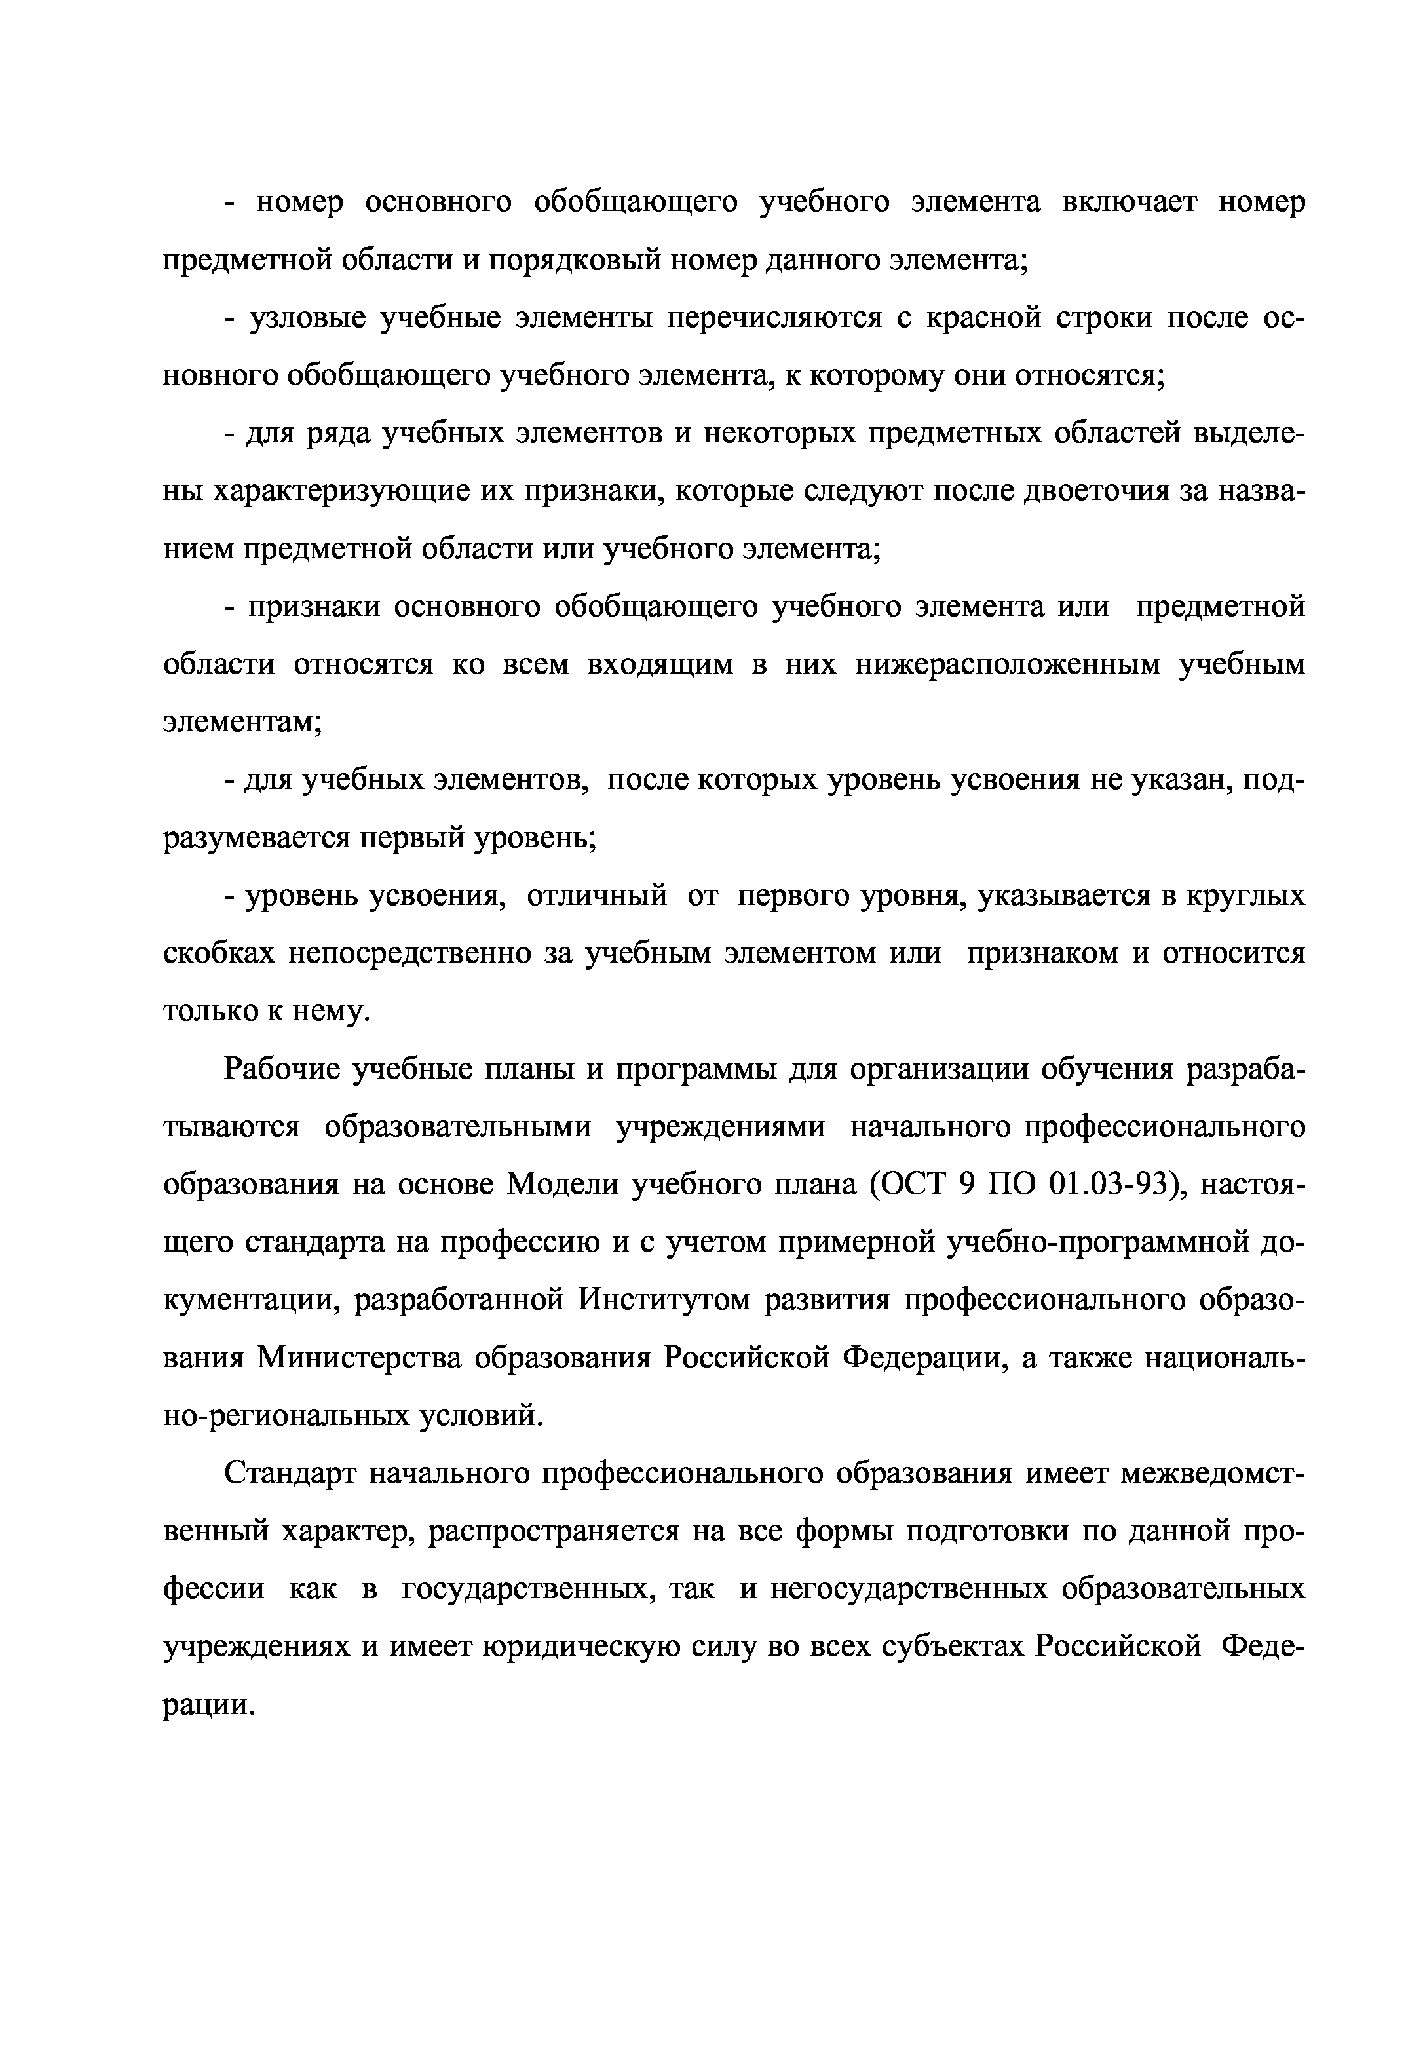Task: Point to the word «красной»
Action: coord(982,318)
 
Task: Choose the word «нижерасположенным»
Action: coord(1008,665)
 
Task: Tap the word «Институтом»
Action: coord(662,1301)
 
